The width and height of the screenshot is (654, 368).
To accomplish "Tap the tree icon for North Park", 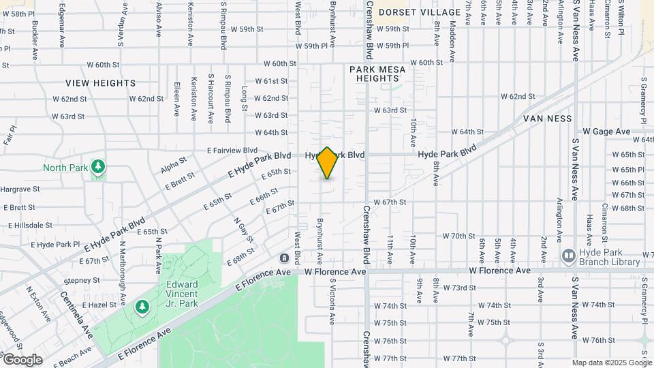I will click(x=99, y=166).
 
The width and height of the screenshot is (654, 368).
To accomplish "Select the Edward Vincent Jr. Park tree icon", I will click(x=142, y=308).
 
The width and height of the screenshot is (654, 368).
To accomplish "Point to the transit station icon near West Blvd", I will click(x=284, y=258).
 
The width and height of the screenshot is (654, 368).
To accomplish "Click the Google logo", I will click(x=22, y=359).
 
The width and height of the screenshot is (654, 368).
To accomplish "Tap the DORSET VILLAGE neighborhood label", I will click(x=420, y=12).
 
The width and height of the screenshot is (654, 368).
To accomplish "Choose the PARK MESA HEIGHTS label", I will click(x=377, y=74).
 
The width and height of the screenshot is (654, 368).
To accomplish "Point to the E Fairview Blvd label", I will click(x=232, y=150).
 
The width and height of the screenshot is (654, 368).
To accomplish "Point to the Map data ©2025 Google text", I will click(x=611, y=363).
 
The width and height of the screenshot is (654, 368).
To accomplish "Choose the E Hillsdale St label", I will click(x=30, y=225).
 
